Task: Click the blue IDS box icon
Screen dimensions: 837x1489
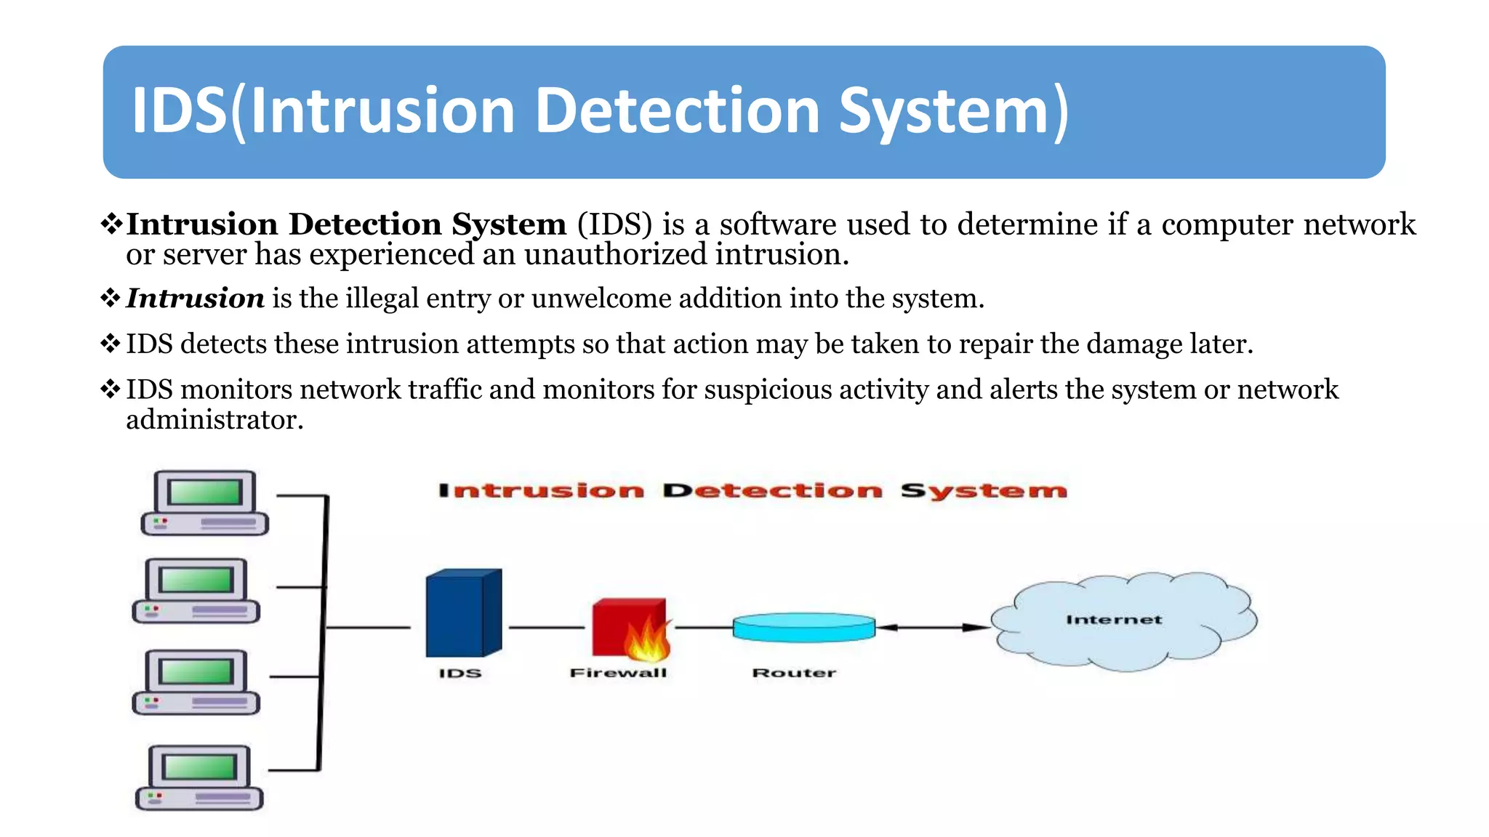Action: (462, 614)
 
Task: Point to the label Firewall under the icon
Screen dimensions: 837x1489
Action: (618, 673)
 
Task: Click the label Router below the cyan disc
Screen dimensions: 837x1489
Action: (794, 673)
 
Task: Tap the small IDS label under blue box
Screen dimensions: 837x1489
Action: (459, 674)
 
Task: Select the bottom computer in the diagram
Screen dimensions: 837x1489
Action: (199, 777)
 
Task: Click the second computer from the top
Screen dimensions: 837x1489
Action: (196, 591)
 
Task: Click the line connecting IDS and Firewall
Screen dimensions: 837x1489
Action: (546, 627)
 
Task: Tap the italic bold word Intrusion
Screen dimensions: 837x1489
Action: (195, 299)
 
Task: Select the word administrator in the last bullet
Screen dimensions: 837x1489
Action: (214, 420)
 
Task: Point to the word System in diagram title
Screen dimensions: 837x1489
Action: (983, 491)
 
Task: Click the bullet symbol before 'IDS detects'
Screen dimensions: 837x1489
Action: (111, 344)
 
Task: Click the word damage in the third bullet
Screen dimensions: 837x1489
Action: (1133, 344)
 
